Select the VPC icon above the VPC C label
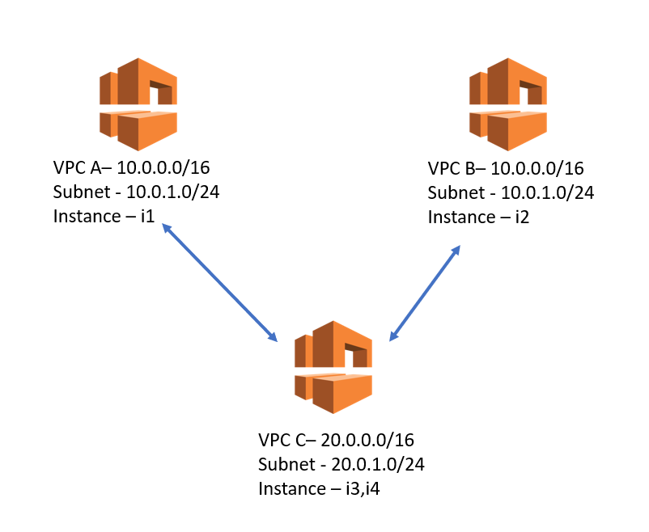pos(333,367)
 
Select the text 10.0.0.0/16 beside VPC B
pos(537,169)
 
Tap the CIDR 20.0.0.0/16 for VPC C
pos(368,441)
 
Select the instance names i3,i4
pos(362,489)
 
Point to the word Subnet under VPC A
pos(79,192)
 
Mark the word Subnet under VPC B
pos(453,193)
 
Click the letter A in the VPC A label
pos(95,168)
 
